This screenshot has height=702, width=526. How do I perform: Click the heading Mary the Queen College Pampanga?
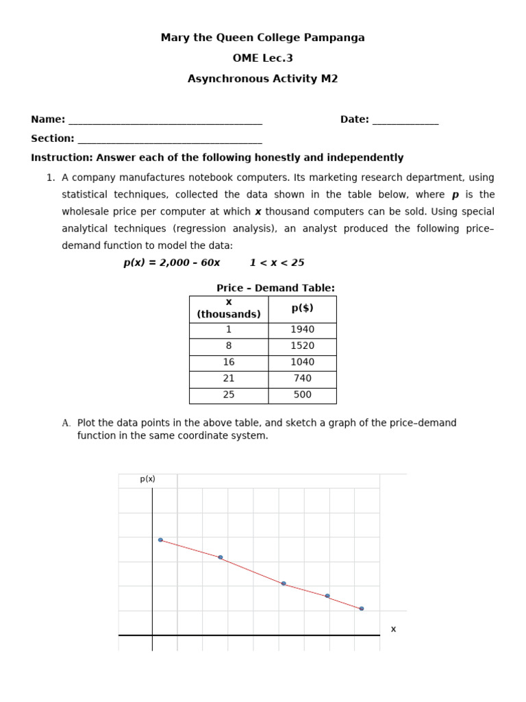[262, 38]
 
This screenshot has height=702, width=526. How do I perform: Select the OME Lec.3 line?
[262, 58]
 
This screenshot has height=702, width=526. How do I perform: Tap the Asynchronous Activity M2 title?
[262, 79]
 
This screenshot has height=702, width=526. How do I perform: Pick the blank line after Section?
[170, 140]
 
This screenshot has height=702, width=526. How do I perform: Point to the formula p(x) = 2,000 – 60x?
[172, 263]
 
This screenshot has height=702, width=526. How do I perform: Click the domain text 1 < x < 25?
[277, 263]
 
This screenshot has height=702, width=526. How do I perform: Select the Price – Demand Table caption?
[275, 288]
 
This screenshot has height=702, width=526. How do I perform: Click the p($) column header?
[302, 308]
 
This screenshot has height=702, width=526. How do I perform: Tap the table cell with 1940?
[302, 330]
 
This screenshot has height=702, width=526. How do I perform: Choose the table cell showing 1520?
[302, 346]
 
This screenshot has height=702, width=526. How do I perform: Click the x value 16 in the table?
[229, 362]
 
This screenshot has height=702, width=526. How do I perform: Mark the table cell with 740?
[302, 378]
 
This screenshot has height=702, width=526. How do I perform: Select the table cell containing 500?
[302, 395]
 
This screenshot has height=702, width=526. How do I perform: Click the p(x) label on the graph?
[148, 479]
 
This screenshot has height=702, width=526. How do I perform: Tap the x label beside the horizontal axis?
[393, 629]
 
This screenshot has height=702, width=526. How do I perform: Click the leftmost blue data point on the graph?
[160, 540]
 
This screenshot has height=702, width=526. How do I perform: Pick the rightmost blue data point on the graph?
[362, 609]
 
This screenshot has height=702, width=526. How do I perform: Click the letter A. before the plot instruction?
[66, 423]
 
